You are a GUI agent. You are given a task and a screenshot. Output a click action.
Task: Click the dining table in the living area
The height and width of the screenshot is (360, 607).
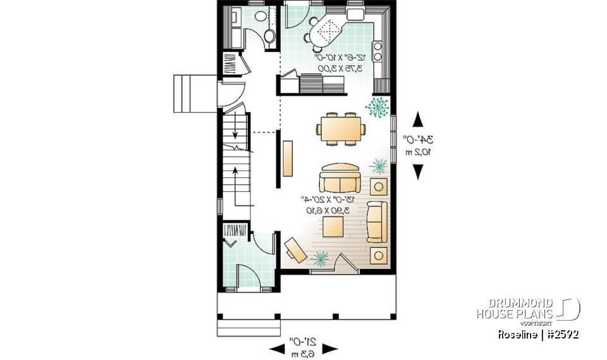(341, 129)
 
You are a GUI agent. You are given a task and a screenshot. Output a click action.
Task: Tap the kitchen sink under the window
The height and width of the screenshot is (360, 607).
(356, 13)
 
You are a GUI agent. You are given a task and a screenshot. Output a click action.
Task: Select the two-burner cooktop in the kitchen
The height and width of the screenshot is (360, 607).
(378, 51)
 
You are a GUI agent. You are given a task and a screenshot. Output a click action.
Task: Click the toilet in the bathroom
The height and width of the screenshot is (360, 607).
(269, 36)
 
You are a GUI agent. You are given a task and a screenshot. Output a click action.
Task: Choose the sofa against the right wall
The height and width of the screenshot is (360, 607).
(377, 221)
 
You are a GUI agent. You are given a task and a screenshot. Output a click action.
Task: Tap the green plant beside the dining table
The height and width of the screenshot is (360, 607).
(377, 108)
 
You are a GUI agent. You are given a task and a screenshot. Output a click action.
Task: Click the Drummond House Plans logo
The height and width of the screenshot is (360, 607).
(528, 309)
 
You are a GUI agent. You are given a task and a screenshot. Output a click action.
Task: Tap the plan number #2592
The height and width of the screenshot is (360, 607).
(563, 334)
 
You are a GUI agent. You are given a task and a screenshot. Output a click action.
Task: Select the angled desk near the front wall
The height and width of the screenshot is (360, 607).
(295, 249)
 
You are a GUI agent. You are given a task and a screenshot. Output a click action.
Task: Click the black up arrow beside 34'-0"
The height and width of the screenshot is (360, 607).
(418, 118)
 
